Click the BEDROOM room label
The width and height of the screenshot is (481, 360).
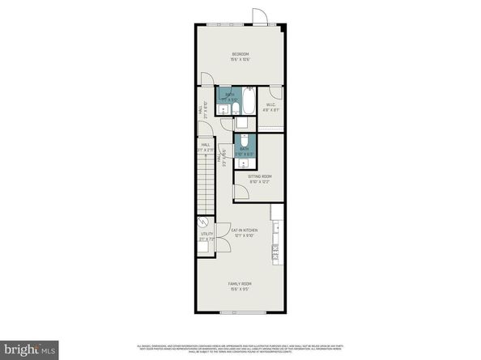click(x=240, y=54)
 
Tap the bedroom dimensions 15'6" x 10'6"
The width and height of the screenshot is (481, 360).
click(x=240, y=60)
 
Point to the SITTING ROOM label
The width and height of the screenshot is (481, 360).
click(x=259, y=176)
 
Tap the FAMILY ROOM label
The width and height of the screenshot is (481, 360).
click(x=240, y=283)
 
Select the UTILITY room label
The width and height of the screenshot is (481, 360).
click(x=206, y=234)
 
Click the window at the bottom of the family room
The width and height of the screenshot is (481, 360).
click(x=240, y=313)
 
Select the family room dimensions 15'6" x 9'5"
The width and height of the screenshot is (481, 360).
click(x=240, y=289)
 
